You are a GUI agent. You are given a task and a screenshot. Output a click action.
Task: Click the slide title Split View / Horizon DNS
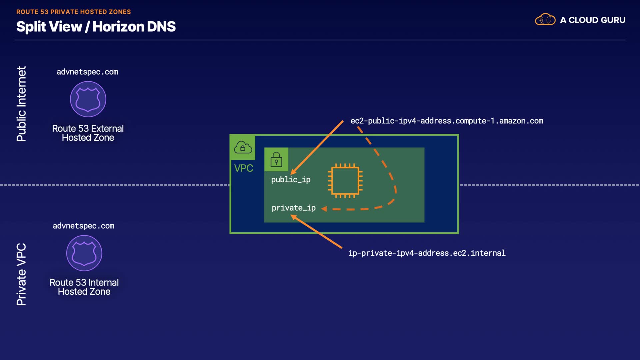pyautogui.click(x=96, y=27)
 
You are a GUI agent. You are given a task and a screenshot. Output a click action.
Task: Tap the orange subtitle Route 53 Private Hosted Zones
pyautogui.click(x=73, y=12)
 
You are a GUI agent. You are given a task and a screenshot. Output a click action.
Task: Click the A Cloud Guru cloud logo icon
pyautogui.click(x=545, y=20)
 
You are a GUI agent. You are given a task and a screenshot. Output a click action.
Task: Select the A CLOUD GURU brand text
pyautogui.click(x=593, y=20)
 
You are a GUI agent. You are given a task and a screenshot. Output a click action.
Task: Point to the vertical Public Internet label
pyautogui.click(x=21, y=104)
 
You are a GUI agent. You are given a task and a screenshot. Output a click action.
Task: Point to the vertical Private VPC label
pyautogui.click(x=21, y=274)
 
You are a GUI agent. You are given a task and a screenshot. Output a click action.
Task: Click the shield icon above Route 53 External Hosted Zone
pyautogui.click(x=88, y=99)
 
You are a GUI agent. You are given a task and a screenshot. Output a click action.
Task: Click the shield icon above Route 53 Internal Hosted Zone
pyautogui.click(x=84, y=253)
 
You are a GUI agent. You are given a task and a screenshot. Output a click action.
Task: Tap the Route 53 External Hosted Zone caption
pyautogui.click(x=88, y=133)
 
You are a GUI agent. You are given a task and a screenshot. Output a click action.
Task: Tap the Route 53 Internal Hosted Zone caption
pyautogui.click(x=84, y=287)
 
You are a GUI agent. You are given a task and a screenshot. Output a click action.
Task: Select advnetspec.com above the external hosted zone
pyautogui.click(x=87, y=72)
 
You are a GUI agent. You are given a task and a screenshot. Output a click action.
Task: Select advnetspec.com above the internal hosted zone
pyautogui.click(x=84, y=226)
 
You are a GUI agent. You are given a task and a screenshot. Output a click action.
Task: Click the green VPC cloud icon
pyautogui.click(x=243, y=147)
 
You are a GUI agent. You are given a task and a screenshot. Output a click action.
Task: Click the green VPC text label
pyautogui.click(x=244, y=168)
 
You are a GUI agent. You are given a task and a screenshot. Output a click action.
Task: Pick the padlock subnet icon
pyautogui.click(x=276, y=159)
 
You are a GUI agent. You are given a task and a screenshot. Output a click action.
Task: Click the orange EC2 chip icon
pyautogui.click(x=345, y=181)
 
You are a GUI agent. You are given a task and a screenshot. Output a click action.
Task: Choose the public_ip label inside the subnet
pyautogui.click(x=291, y=180)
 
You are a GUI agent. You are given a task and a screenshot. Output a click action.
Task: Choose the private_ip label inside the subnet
pyautogui.click(x=293, y=208)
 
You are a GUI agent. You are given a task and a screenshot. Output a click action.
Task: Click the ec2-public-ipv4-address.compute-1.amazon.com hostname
pyautogui.click(x=447, y=121)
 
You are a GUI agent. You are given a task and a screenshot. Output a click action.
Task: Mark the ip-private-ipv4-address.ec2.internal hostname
pyautogui.click(x=427, y=253)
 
